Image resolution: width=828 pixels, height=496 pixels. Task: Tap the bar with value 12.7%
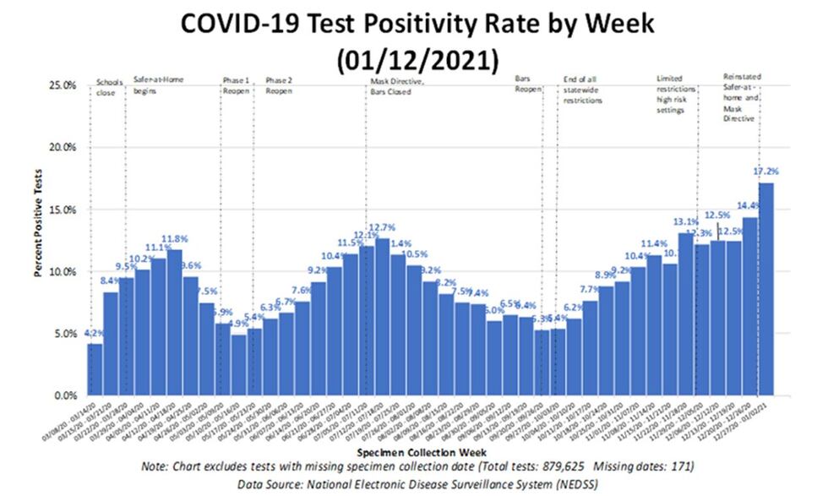click(382, 317)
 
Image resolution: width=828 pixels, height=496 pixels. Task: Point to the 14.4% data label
click(749, 205)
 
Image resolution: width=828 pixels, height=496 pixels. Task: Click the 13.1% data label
click(685, 222)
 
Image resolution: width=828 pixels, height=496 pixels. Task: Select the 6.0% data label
click(493, 311)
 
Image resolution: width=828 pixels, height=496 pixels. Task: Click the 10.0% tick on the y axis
click(63, 272)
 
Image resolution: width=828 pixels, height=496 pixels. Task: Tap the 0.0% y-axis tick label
click(65, 395)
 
